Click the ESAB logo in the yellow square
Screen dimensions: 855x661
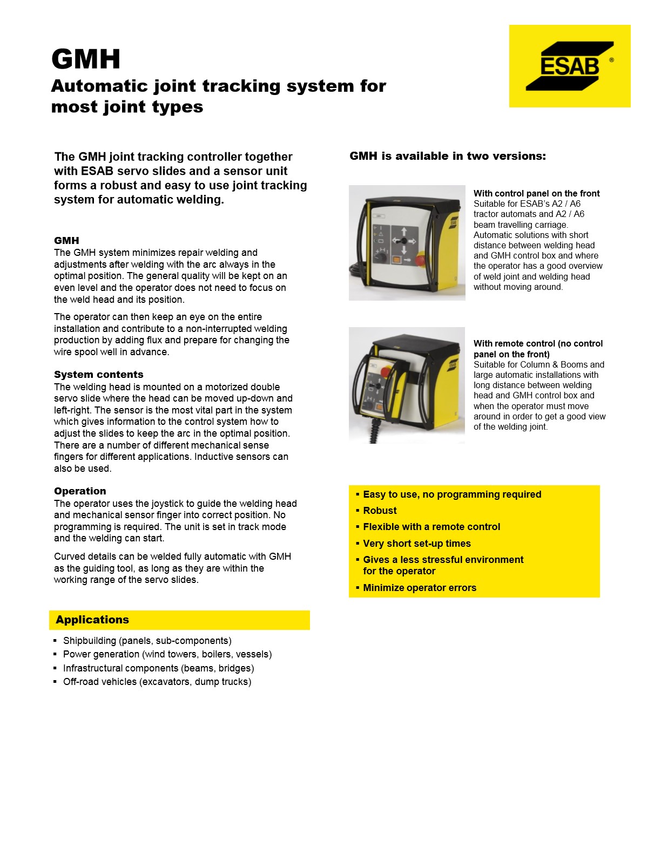click(570, 66)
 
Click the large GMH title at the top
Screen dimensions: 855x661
click(86, 59)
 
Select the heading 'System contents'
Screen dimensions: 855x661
click(99, 375)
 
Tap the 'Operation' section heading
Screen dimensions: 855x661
click(80, 491)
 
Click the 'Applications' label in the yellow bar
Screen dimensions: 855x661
click(92, 620)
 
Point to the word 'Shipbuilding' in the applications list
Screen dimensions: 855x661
click(90, 641)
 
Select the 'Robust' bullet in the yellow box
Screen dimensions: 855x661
click(380, 511)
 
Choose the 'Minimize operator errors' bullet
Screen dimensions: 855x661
click(420, 588)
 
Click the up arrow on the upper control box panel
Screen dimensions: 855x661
click(403, 232)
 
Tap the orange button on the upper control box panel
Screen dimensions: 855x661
click(396, 260)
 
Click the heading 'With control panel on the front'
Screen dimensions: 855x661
click(536, 193)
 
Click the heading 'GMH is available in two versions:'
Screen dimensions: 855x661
click(448, 156)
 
